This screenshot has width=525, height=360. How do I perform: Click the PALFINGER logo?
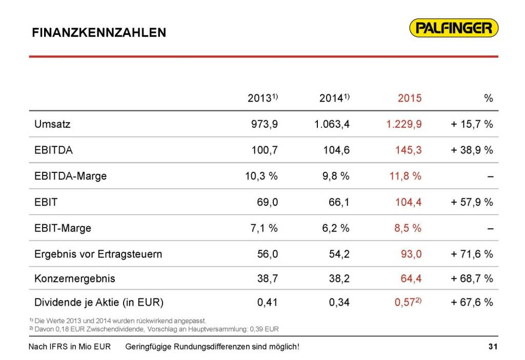click(x=454, y=28)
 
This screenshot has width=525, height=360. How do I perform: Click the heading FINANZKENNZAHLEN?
click(x=99, y=33)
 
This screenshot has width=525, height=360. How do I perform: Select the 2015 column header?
click(x=410, y=98)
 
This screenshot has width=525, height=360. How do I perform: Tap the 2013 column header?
click(x=262, y=98)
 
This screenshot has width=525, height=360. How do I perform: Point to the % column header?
click(x=488, y=98)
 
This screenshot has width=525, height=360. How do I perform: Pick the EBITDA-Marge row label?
click(x=71, y=176)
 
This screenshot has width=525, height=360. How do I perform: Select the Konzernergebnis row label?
click(x=75, y=279)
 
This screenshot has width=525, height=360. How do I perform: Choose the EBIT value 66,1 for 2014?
click(x=339, y=202)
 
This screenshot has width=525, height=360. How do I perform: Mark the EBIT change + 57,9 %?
click(x=472, y=202)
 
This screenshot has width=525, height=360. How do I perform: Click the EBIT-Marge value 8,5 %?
click(x=408, y=228)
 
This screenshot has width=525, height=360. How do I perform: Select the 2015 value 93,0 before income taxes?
click(x=411, y=253)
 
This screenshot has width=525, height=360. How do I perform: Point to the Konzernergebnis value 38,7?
click(x=267, y=279)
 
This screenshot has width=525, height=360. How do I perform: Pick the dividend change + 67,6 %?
click(x=472, y=302)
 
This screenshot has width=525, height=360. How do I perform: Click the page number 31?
click(x=493, y=347)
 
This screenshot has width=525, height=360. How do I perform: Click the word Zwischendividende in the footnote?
click(x=114, y=329)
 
